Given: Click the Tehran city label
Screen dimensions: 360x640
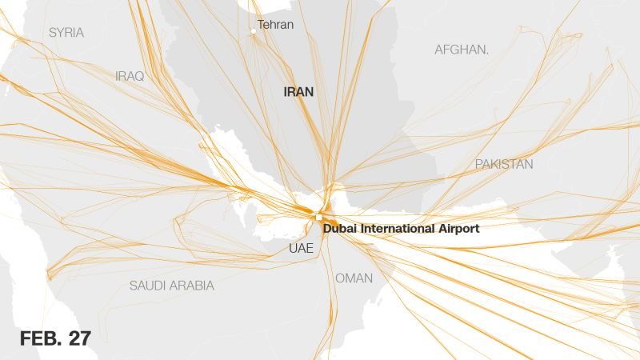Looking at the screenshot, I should [x=275, y=25].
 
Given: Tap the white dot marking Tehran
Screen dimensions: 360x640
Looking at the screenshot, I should [x=253, y=31].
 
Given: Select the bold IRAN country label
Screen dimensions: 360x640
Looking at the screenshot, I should [x=298, y=92].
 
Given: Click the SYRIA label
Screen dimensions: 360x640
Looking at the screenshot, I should [x=66, y=33].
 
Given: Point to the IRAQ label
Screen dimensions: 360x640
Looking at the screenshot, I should [x=130, y=76].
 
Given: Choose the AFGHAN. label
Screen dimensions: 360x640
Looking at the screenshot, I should [x=462, y=50].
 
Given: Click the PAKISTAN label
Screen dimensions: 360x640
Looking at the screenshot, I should [x=504, y=164].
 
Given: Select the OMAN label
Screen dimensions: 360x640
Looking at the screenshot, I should [x=354, y=278].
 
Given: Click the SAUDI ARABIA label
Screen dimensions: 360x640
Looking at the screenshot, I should [x=171, y=285].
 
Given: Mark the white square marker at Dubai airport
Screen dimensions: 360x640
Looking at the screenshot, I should [x=318, y=217].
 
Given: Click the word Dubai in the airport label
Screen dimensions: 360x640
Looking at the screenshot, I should [x=341, y=229].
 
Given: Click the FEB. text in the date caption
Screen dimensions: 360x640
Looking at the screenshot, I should [x=40, y=338].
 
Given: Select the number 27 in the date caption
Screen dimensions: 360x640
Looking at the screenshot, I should [x=79, y=338].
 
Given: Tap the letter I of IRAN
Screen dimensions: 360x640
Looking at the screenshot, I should [x=286, y=92].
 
